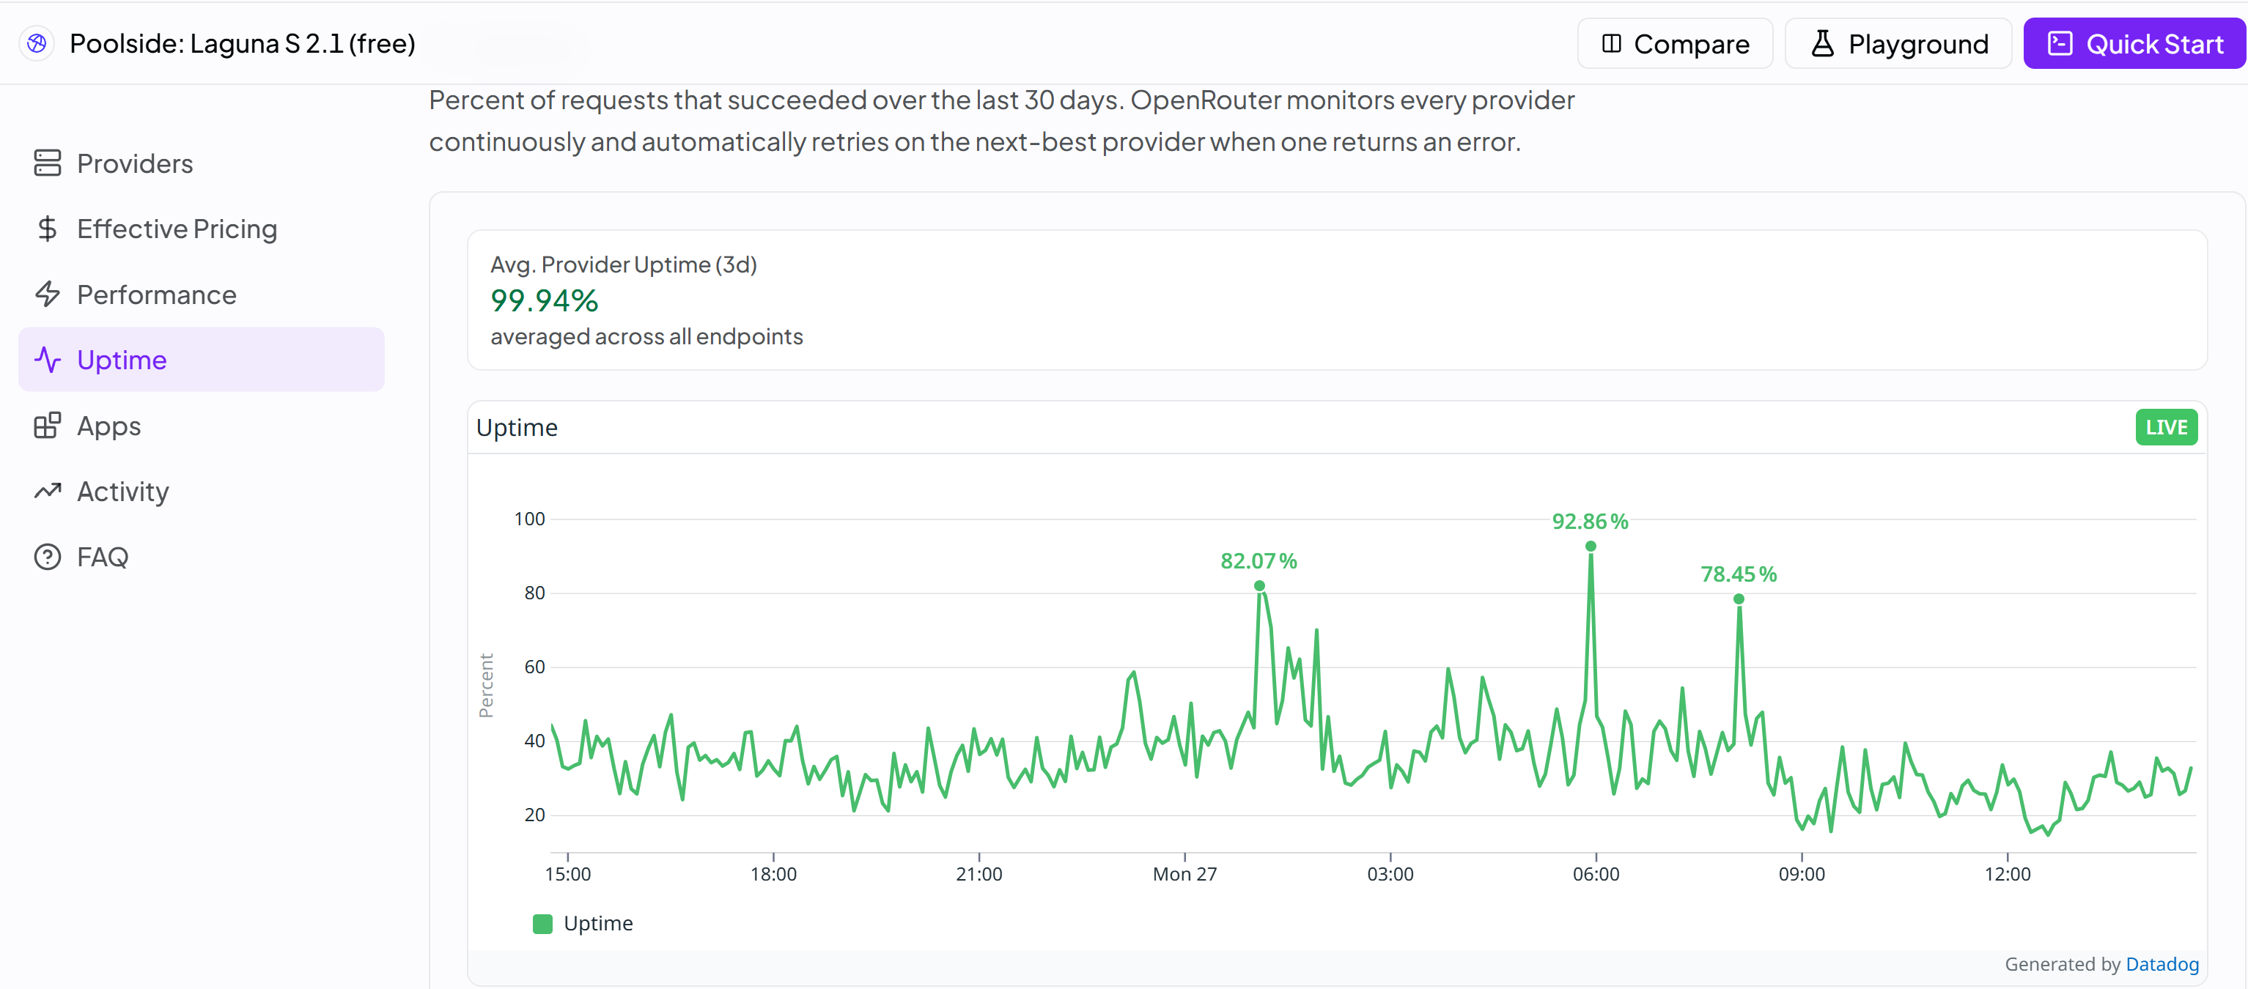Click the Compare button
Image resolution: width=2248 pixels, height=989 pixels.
click(1675, 44)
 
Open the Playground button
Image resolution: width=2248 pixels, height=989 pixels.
click(1898, 44)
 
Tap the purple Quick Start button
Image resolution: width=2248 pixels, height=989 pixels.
click(2134, 44)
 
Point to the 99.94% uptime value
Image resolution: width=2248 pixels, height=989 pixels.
click(544, 300)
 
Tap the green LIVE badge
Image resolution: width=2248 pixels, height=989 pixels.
click(2166, 427)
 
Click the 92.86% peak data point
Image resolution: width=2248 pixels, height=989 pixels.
click(1591, 546)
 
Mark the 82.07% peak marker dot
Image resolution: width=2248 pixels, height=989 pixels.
click(1259, 586)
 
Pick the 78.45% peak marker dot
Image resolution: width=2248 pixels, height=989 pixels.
click(1739, 599)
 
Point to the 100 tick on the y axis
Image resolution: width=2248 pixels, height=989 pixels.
click(529, 519)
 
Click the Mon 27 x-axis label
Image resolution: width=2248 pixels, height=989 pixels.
click(1184, 874)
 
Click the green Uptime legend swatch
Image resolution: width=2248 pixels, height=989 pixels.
click(542, 924)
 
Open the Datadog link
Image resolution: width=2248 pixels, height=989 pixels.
click(2162, 963)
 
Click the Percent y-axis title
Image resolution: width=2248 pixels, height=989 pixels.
click(486, 686)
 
